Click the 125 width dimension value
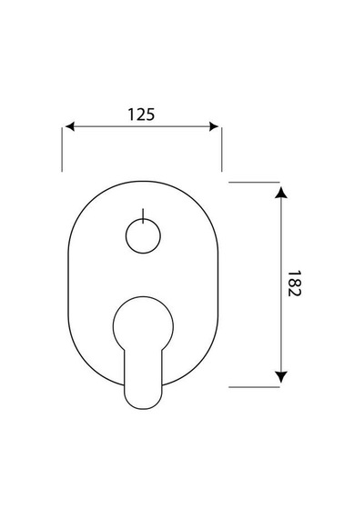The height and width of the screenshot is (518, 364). click(141, 115)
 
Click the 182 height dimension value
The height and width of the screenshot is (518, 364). click(294, 284)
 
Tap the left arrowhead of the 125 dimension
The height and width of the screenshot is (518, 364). click(70, 126)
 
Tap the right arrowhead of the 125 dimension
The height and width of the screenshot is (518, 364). click(214, 126)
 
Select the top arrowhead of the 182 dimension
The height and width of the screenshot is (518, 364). click(281, 193)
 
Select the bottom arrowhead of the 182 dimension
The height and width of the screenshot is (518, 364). click(281, 377)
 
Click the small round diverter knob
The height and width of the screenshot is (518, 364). click(143, 236)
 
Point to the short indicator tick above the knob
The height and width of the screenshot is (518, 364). click(143, 216)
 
